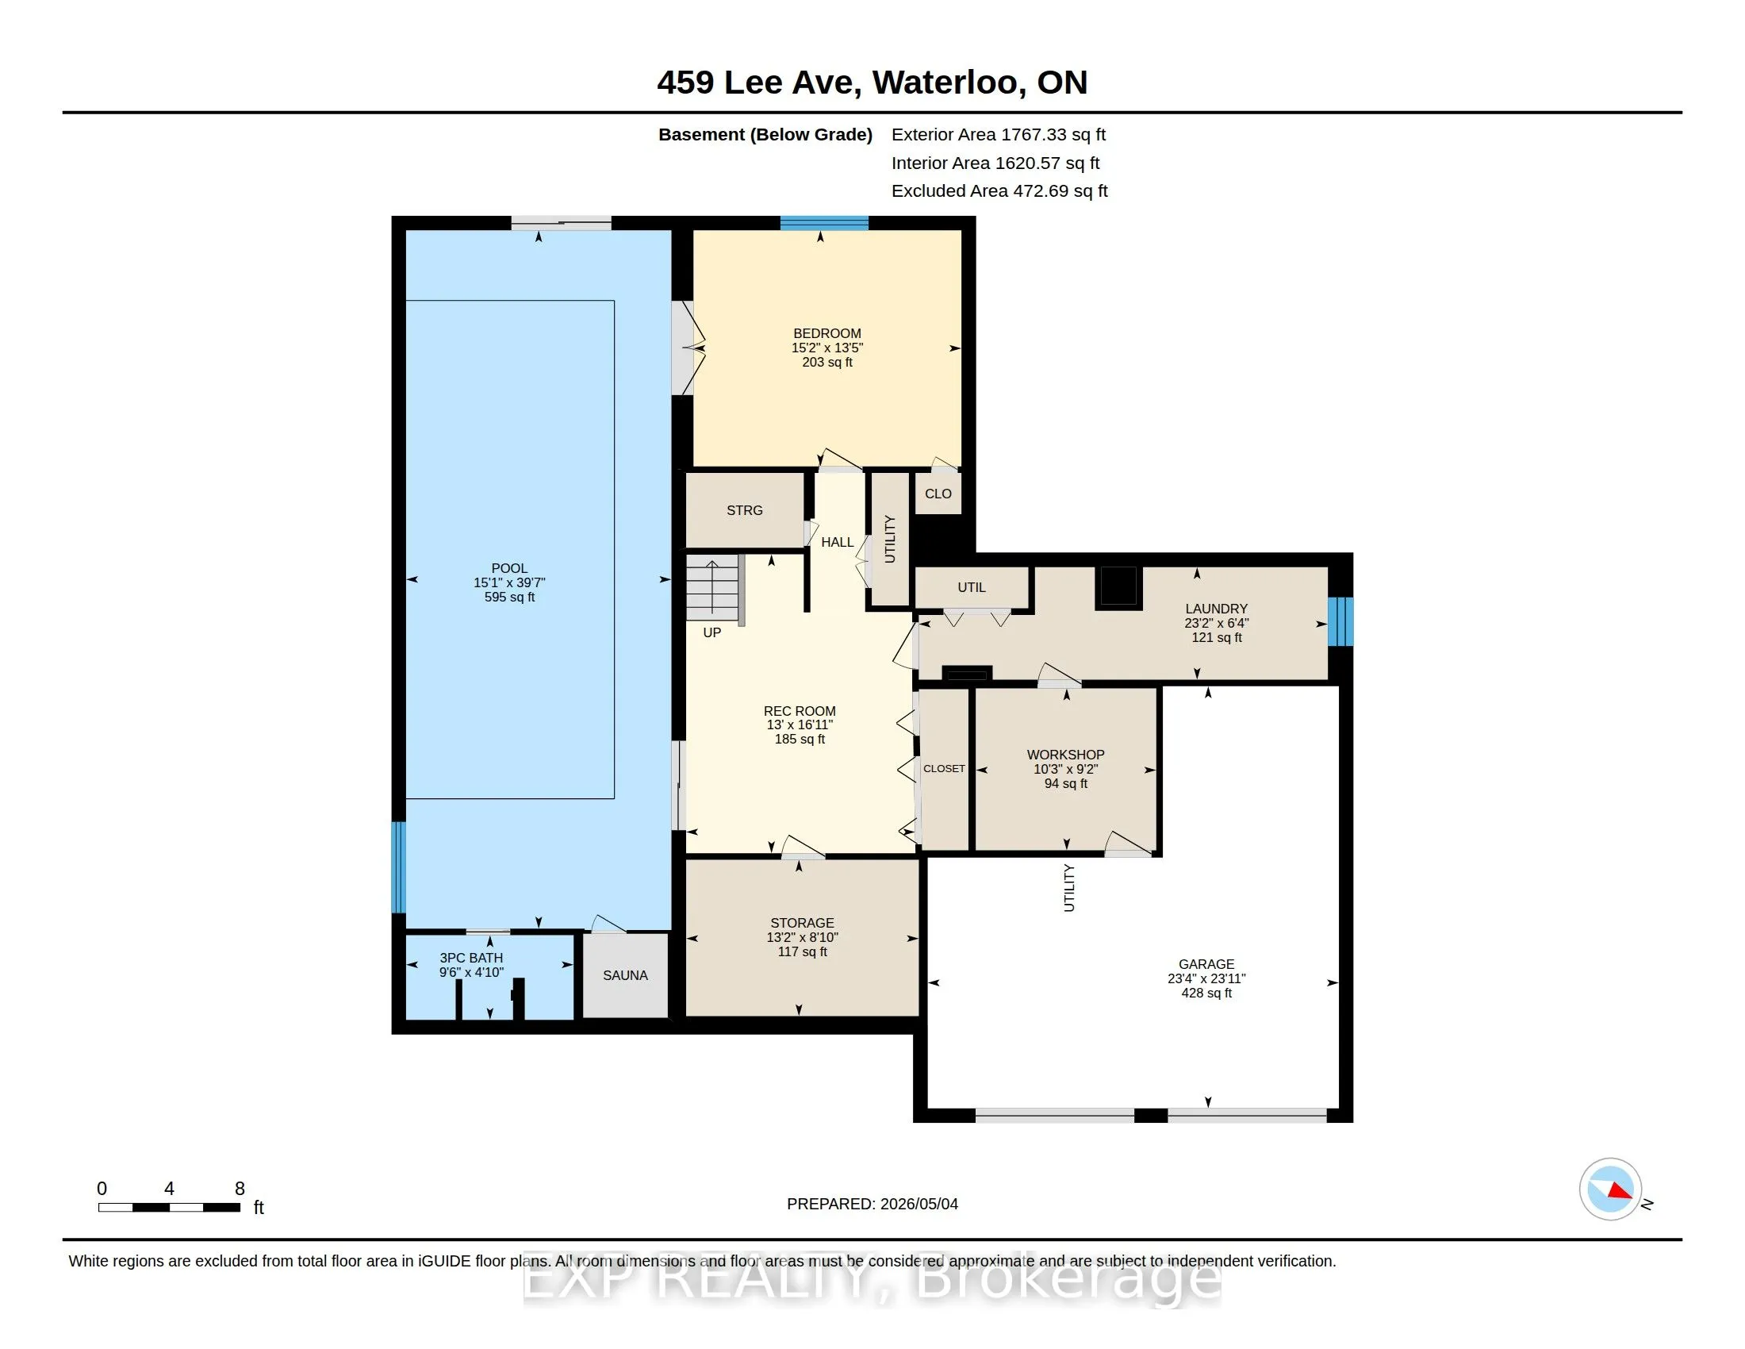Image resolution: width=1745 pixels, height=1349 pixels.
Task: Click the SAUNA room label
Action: [x=625, y=975]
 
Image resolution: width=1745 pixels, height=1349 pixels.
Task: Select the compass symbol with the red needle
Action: [x=1610, y=1190]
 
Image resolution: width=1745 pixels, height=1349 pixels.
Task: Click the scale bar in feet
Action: [x=170, y=1208]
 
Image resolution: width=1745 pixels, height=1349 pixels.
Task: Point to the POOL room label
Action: [x=510, y=568]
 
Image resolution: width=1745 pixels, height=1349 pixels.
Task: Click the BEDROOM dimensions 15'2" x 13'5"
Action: [x=827, y=348]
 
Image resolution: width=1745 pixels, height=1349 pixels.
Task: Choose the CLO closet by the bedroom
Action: [x=938, y=494]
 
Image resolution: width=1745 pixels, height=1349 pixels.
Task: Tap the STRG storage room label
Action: [x=745, y=510]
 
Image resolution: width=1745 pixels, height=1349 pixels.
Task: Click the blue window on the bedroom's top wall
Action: [x=824, y=223]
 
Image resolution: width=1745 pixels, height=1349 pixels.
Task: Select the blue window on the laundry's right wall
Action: [x=1340, y=622]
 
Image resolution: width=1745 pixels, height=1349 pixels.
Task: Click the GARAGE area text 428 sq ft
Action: [x=1206, y=993]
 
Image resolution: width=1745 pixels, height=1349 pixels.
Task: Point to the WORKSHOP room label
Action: [x=1066, y=755]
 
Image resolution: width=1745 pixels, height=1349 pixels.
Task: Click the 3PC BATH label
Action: [x=471, y=958]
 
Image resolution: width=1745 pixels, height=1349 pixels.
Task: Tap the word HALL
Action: [x=838, y=542]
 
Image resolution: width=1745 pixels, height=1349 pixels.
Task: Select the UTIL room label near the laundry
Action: [x=972, y=587]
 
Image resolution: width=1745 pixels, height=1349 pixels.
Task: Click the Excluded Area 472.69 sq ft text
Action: [x=999, y=191]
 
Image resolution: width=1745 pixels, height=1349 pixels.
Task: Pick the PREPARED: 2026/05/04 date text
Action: [x=872, y=1204]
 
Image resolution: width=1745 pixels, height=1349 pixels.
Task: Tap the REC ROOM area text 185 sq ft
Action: [x=800, y=740]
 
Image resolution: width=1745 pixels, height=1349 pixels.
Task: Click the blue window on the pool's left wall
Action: [x=398, y=867]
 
